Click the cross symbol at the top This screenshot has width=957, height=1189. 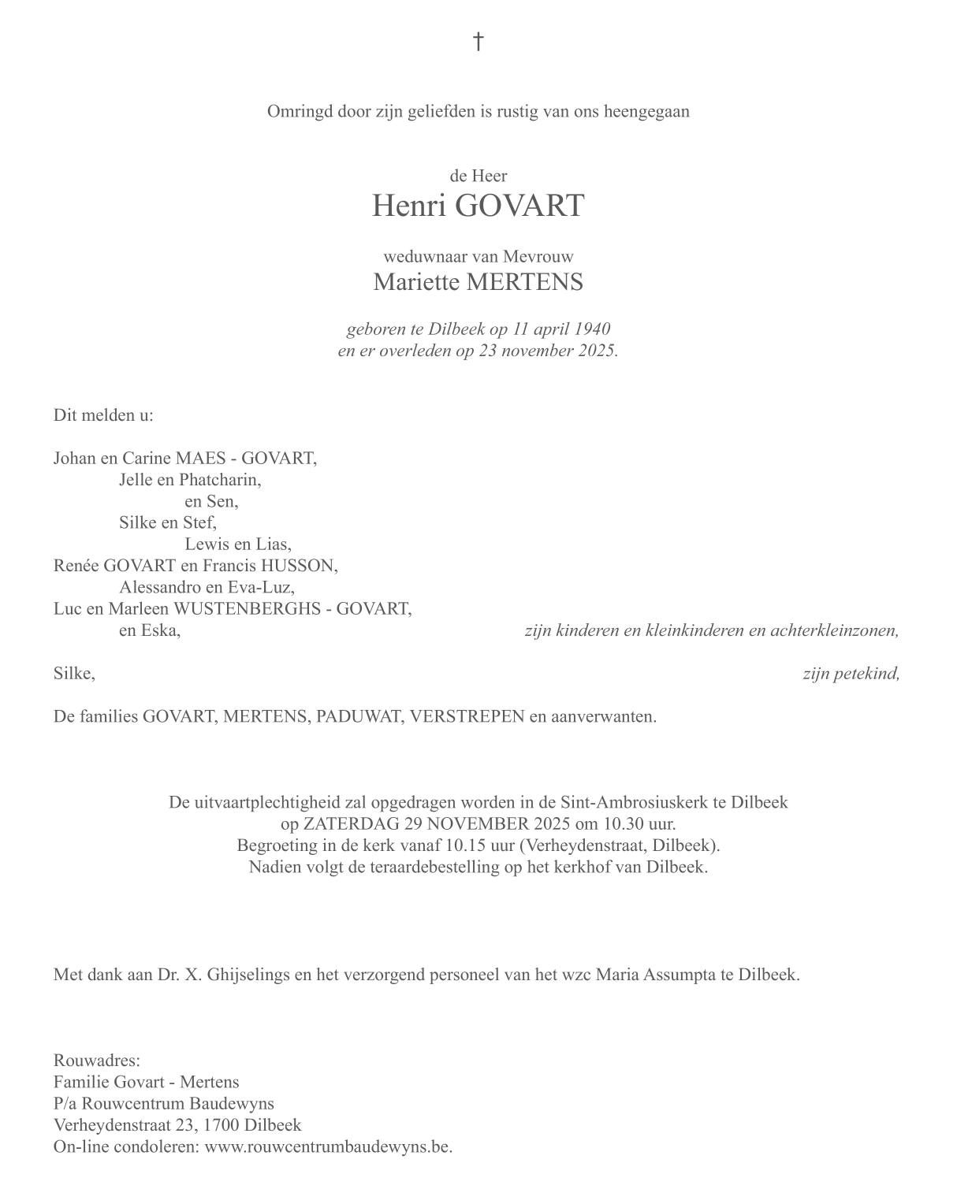pos(478,41)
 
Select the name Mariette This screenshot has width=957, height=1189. pos(415,282)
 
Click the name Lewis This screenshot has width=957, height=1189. pos(207,544)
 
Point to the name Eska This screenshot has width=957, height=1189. pos(160,630)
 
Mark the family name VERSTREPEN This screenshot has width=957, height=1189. pos(467,717)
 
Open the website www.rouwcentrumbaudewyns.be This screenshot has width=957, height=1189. pos(328,1146)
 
